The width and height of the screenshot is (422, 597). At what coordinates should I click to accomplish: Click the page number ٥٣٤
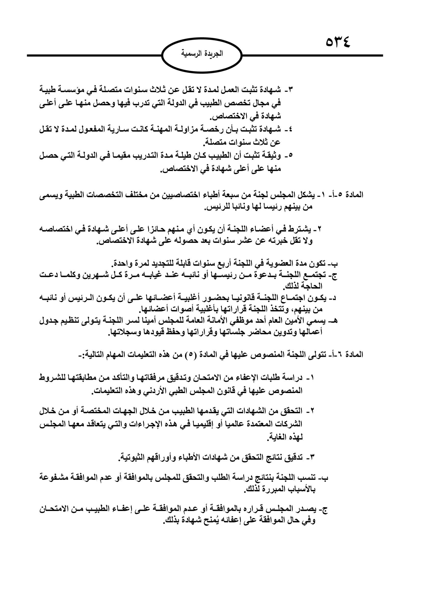[x=338, y=42]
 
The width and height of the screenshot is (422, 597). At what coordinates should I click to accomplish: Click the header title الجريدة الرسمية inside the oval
[x=202, y=54]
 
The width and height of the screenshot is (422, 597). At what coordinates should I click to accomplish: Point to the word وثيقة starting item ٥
[x=271, y=156]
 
